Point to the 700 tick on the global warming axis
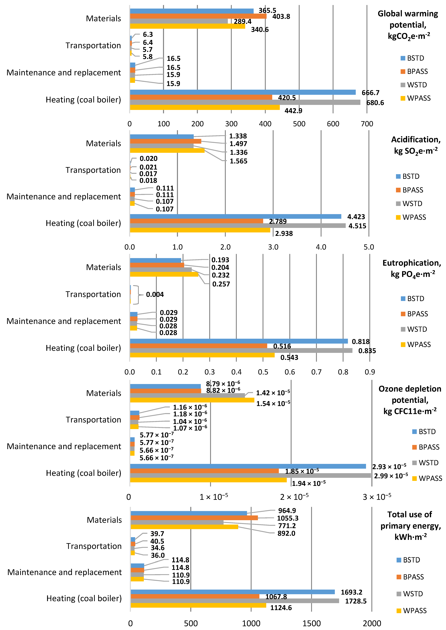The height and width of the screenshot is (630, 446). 367,124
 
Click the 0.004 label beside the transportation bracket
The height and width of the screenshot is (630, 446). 155,294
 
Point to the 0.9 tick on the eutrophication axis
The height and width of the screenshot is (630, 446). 370,372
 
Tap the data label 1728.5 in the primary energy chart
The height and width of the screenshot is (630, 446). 356,601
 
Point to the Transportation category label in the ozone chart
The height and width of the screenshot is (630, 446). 93,420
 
